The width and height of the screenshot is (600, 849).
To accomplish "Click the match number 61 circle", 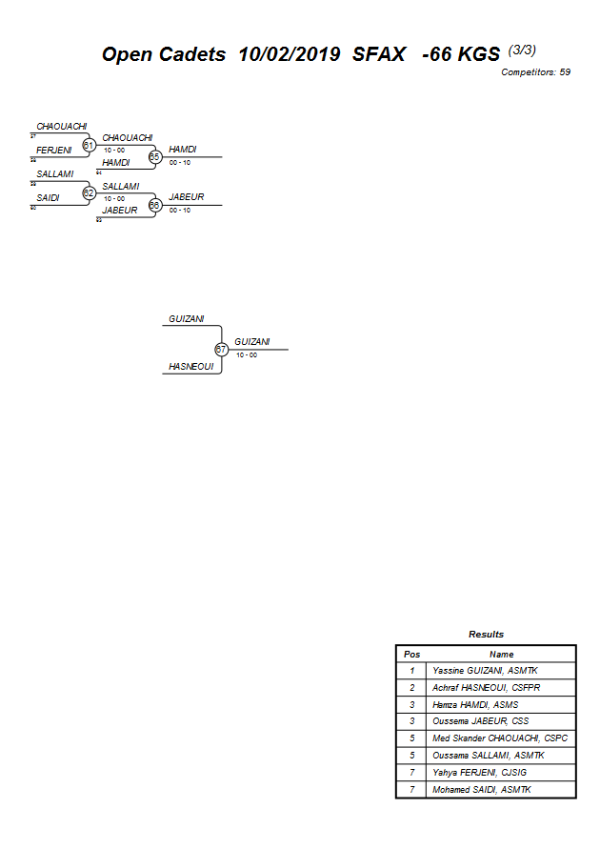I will click(89, 145).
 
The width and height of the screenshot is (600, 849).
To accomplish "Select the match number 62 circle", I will click(89, 192).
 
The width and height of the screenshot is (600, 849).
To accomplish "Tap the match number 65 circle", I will click(154, 156).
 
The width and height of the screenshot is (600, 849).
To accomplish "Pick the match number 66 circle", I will click(154, 204).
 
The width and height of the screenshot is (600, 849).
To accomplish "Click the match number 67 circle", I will click(221, 350).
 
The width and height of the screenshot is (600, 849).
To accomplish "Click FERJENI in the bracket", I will click(54, 151).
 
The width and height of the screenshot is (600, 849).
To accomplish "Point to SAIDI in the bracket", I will click(49, 198).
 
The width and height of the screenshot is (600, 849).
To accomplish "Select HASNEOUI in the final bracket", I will click(191, 366).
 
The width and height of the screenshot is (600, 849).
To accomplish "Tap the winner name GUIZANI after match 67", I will click(252, 342).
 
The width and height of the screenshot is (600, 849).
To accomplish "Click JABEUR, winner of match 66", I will click(186, 197).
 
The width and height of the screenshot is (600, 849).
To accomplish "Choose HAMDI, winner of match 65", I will click(183, 150).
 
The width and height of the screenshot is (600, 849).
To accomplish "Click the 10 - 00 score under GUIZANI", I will click(247, 355).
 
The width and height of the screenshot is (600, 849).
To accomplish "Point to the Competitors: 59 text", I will click(535, 72).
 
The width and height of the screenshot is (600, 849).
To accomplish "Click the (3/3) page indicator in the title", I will click(529, 49).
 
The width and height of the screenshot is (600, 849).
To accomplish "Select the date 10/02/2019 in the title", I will click(290, 54).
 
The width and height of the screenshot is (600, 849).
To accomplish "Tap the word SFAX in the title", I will click(379, 54).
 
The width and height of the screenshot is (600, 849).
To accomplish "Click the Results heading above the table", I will click(486, 635).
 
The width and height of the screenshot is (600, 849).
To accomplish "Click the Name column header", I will click(501, 655).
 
